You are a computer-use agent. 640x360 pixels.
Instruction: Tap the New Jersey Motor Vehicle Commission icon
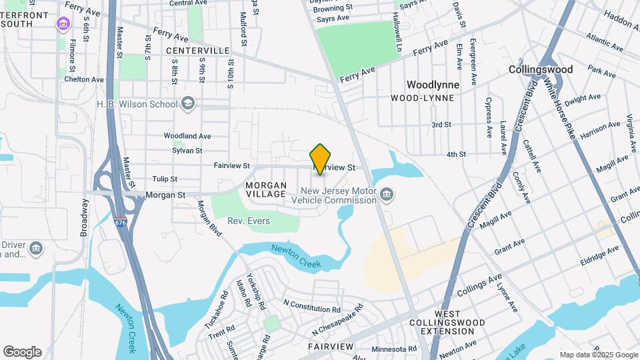(387, 195)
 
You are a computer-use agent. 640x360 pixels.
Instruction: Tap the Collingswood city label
(541, 69)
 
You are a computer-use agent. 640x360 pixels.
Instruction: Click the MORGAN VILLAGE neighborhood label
(266, 189)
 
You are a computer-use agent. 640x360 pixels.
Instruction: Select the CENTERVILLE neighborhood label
(197, 51)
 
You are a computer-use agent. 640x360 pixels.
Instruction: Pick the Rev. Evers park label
(249, 221)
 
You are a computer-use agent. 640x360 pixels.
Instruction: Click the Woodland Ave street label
(187, 135)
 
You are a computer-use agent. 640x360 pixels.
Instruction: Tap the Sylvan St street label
(187, 151)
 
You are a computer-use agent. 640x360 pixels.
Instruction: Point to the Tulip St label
(164, 179)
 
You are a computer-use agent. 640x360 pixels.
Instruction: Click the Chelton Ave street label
(84, 79)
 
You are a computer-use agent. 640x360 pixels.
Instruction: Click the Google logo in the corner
(22, 352)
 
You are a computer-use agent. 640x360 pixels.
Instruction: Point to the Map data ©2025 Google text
(599, 355)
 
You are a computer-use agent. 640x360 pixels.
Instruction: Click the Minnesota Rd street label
(394, 349)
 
